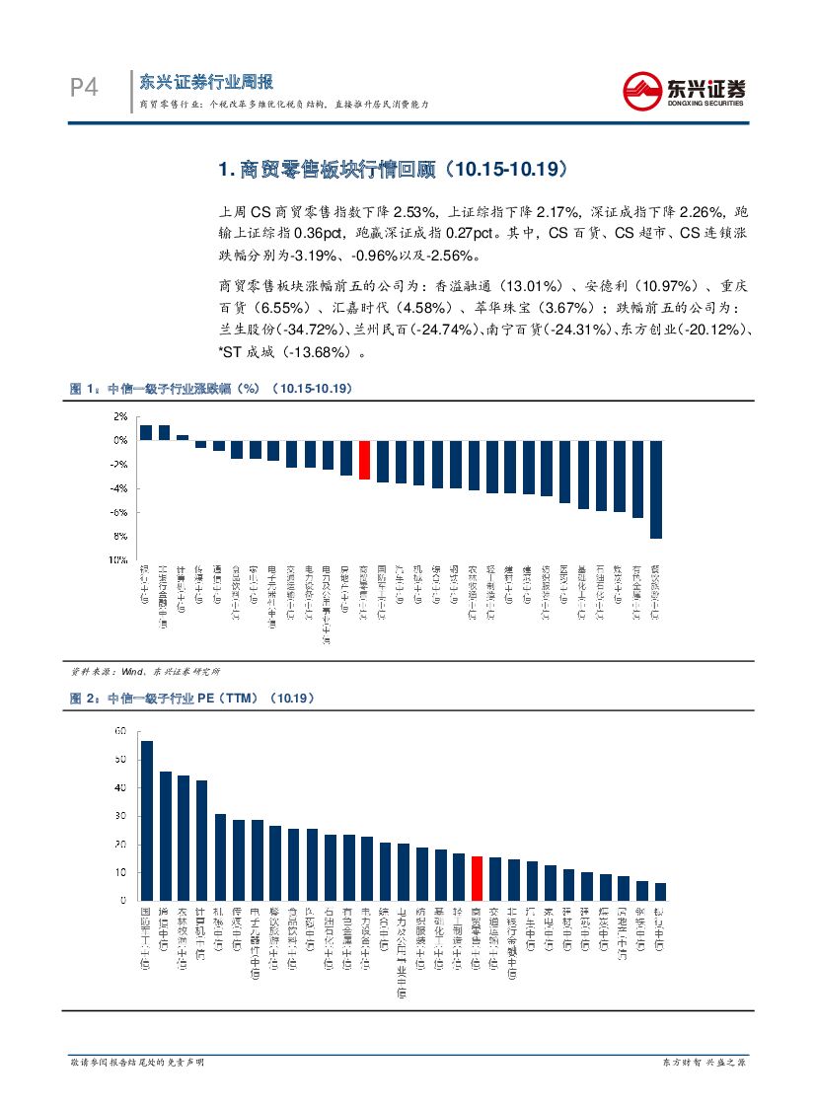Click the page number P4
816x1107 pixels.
[x=85, y=88]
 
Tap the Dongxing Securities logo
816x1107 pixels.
[x=683, y=92]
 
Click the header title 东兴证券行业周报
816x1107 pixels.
[x=206, y=81]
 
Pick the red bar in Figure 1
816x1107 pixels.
[x=364, y=460]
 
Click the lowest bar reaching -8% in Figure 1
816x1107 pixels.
[x=656, y=488]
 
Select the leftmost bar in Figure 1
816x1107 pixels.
[x=145, y=432]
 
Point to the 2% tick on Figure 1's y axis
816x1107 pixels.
[x=121, y=416]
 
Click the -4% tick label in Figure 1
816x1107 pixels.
[x=119, y=488]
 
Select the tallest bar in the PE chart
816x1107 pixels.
[x=146, y=820]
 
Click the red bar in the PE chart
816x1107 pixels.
[x=477, y=878]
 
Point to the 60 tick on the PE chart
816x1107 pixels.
[x=120, y=731]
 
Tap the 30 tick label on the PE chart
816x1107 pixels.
[x=120, y=816]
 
